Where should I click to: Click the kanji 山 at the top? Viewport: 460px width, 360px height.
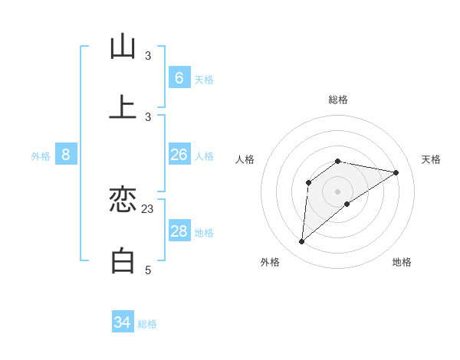[123, 47]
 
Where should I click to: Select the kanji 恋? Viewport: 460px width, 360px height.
[123, 201]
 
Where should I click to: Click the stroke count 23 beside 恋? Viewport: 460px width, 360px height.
[148, 208]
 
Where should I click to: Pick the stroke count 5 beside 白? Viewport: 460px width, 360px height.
[148, 270]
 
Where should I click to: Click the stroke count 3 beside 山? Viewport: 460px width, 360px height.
[148, 55]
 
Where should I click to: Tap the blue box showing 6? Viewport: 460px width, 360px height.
[179, 78]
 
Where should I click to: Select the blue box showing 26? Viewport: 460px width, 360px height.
[179, 155]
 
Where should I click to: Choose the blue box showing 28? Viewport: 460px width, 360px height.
[179, 231]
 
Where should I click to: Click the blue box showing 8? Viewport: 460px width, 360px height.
[66, 155]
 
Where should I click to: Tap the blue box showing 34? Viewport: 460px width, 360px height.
[123, 322]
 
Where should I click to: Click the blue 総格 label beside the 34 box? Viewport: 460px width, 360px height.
[147, 324]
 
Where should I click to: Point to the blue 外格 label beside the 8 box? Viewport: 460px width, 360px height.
[41, 156]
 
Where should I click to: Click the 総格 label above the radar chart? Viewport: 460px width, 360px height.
[338, 100]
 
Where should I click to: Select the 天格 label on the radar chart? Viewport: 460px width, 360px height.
[432, 159]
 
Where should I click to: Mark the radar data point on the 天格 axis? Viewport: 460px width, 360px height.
[396, 172]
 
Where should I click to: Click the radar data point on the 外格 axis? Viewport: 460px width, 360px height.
[301, 242]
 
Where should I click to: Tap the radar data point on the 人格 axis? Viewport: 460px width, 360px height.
[309, 182]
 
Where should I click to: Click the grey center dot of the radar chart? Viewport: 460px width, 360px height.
[338, 191]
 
